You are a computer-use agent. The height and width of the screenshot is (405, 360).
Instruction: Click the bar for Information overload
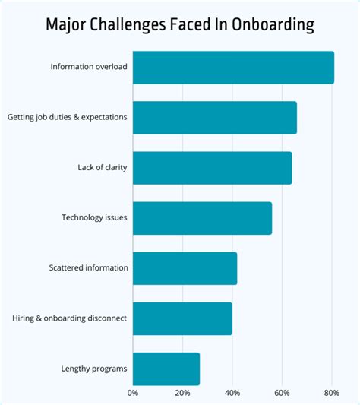coord(233,68)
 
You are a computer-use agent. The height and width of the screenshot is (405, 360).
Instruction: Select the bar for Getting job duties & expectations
coord(214,118)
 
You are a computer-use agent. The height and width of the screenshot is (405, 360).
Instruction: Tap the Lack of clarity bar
coord(212,168)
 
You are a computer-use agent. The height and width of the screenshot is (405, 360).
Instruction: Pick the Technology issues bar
coord(202,218)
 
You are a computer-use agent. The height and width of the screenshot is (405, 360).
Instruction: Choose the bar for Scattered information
coord(185,268)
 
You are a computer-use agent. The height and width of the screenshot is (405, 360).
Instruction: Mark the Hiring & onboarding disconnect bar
coord(182,318)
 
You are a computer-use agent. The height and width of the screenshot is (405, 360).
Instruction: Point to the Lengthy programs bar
coord(166,369)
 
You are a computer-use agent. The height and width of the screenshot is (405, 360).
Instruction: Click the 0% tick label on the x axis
coord(133,393)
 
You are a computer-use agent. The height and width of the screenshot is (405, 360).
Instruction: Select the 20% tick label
coord(182,393)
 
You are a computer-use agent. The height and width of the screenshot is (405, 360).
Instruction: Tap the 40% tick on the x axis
coord(232,393)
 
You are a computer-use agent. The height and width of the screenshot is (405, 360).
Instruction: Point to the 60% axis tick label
coord(282,393)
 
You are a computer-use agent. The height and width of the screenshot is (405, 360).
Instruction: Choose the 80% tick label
coord(331,393)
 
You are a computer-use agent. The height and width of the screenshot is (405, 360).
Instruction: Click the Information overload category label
coord(89,67)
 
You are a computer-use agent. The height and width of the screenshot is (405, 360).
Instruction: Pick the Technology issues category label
coord(94,218)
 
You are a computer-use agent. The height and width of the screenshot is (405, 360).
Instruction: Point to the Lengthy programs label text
coord(94,369)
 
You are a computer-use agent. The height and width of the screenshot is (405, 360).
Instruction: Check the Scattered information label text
coord(88,268)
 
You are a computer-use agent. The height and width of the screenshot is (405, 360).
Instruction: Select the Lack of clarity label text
coord(103,168)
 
